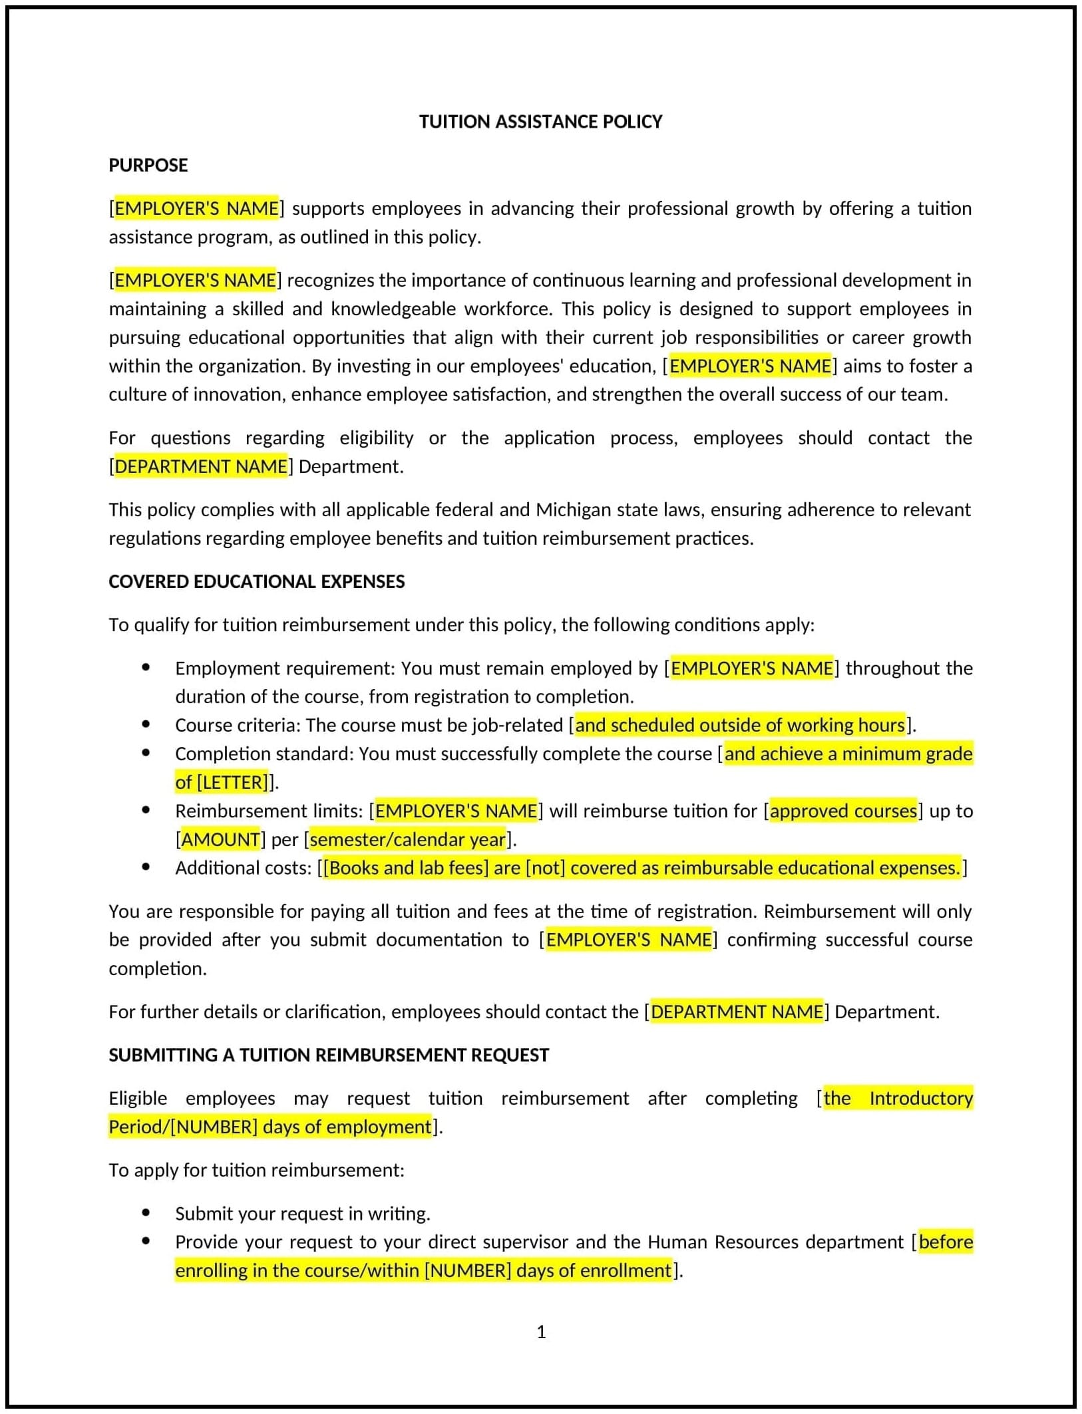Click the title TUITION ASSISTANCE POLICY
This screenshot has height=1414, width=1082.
coord(540,122)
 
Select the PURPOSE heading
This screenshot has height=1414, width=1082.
coord(148,165)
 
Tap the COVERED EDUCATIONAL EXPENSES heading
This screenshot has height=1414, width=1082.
coord(256,581)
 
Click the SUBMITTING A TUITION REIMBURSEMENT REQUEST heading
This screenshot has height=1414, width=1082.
coord(329,1055)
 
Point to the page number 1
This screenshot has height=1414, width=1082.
coord(541,1332)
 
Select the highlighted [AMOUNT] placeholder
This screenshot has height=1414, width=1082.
coord(220,839)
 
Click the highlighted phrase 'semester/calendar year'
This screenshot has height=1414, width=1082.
coord(408,839)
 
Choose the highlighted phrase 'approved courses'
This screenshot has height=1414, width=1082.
coord(843,811)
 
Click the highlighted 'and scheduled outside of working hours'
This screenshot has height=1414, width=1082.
coord(740,725)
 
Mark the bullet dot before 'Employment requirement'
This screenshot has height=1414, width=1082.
coord(146,667)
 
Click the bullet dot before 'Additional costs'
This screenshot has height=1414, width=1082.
coord(146,867)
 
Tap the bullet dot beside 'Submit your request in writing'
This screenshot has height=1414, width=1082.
coord(146,1212)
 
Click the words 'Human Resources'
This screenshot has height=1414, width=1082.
coord(723,1242)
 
